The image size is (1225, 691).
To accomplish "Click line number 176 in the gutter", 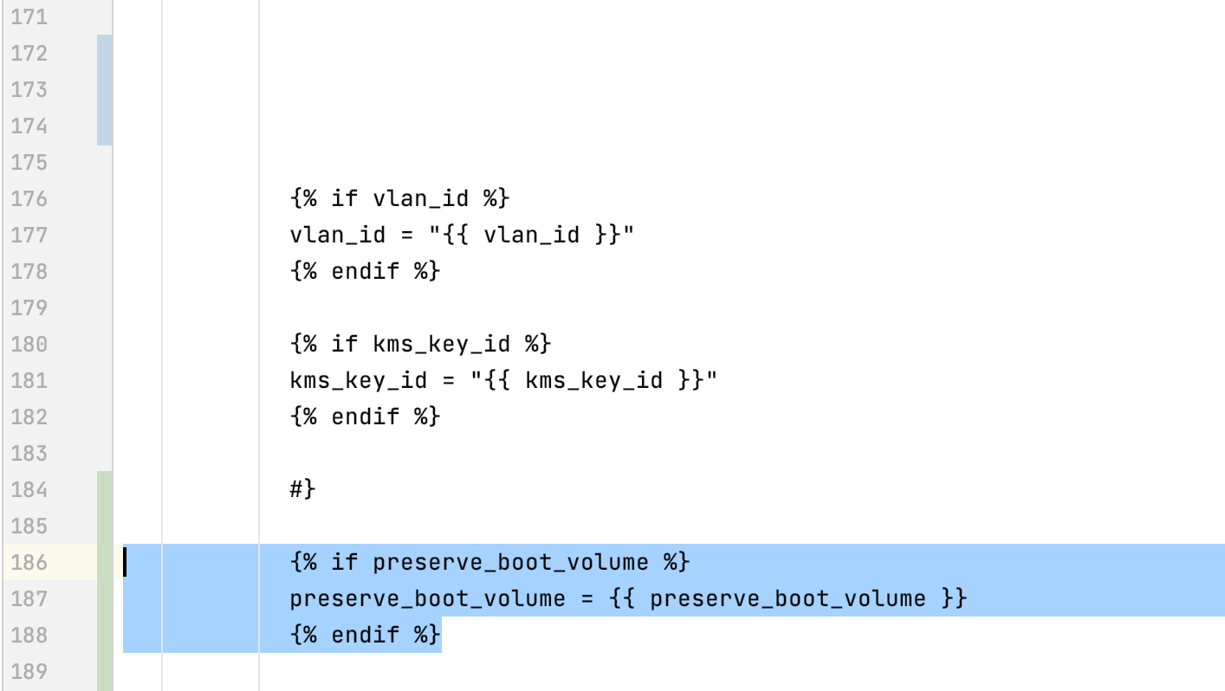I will coord(29,199).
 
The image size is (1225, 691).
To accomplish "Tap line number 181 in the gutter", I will coord(29,381).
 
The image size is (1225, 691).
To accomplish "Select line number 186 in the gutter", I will coord(29,563).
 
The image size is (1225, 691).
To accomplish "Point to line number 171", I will coord(29,17).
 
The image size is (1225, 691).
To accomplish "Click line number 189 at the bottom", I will coord(29,672).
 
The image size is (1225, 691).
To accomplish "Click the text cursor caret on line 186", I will coord(125,563).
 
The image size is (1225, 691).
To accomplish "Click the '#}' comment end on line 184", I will coord(302,490).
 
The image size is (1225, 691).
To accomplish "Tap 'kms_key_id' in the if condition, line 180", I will coord(441,345).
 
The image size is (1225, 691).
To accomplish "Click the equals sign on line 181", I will coord(449,381).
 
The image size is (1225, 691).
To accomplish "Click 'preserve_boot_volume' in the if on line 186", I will coord(510,563).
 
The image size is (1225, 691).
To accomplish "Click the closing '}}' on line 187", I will coord(954,599).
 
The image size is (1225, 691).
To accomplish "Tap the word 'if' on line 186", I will coord(344,563).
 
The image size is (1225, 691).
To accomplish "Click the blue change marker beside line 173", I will coord(105,90).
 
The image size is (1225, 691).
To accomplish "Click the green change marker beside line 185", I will coord(105,526).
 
